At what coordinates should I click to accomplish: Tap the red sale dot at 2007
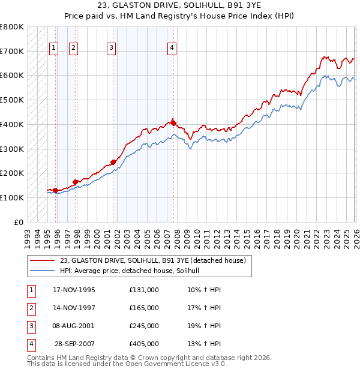pyautogui.click(x=173, y=122)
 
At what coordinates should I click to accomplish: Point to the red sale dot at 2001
pyautogui.click(x=113, y=162)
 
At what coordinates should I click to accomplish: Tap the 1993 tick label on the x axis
pyautogui.click(x=28, y=235)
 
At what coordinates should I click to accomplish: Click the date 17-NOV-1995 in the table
pyautogui.click(x=74, y=290)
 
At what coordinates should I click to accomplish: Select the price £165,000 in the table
pyautogui.click(x=144, y=308)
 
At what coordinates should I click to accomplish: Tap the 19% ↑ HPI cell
pyautogui.click(x=204, y=326)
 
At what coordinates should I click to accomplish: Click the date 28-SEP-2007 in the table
pyautogui.click(x=74, y=344)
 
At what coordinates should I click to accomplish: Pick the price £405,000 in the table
pyautogui.click(x=144, y=344)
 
